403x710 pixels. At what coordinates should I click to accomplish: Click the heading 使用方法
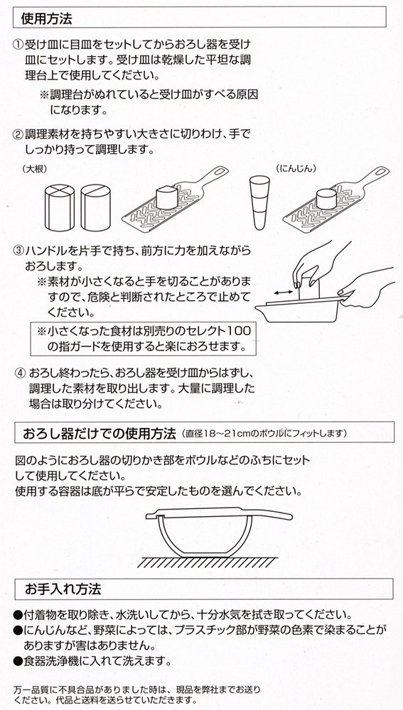point(47,18)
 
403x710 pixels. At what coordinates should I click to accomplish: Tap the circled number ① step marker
point(18,45)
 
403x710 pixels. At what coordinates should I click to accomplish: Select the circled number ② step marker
point(18,134)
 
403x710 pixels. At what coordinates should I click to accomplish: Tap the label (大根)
point(34,168)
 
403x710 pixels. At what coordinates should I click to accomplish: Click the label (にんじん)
point(296,168)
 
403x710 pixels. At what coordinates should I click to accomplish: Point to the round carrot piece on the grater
point(326,198)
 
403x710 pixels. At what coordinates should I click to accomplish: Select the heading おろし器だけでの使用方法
point(100,434)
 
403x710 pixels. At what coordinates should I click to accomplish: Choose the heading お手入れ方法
point(63,589)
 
